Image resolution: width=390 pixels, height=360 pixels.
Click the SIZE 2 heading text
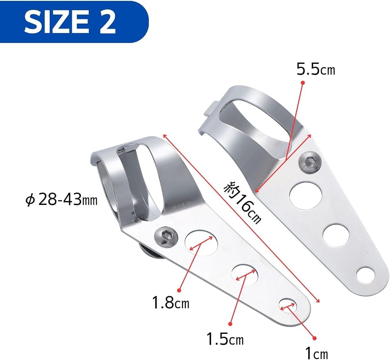(x=70, y=22)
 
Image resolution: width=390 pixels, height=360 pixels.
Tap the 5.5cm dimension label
(x=316, y=70)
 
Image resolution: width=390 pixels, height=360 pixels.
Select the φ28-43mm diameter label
(x=61, y=199)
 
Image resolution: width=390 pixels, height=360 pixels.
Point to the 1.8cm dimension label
(x=171, y=303)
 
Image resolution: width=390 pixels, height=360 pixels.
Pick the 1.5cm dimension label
(x=225, y=338)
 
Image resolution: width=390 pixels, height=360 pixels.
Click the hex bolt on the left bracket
(x=166, y=236)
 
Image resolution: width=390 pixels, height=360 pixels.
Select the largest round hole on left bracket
(x=201, y=243)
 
